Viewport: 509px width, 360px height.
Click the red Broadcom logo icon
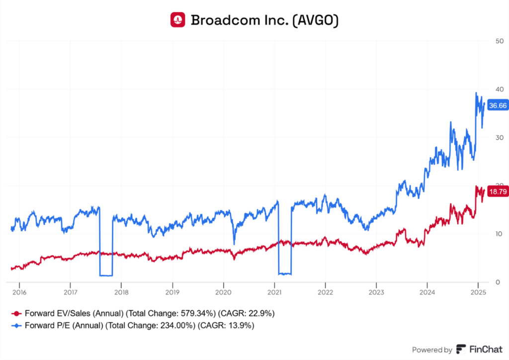point(177,20)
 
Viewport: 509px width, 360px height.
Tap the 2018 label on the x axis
point(121,292)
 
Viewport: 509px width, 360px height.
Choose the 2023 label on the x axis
point(376,292)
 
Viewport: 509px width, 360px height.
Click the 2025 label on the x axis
point(478,292)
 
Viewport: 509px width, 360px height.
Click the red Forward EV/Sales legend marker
point(16,314)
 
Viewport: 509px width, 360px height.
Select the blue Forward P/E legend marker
point(16,326)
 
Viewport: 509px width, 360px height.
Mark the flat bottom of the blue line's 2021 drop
point(284,273)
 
